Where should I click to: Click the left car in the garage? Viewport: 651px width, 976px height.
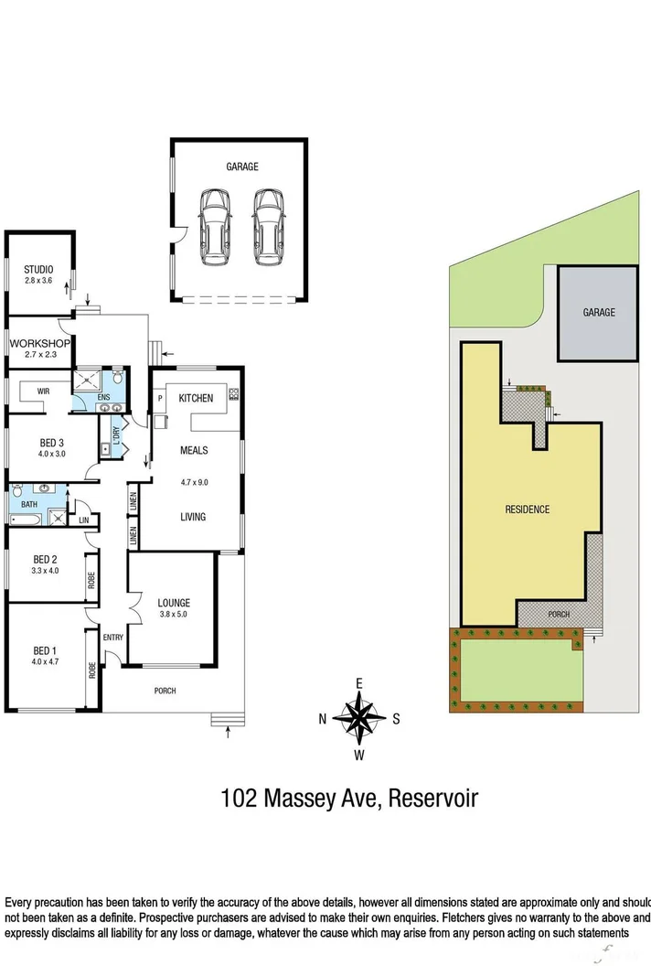pos(215,227)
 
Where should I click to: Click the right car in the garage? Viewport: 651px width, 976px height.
pos(269,227)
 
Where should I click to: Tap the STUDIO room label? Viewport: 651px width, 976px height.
pos(38,269)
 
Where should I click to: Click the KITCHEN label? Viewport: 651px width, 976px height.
pos(196,398)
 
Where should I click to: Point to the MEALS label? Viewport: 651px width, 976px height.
pos(193,450)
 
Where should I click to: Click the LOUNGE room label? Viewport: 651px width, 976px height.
pos(174,603)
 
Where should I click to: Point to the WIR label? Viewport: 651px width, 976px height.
pos(43,391)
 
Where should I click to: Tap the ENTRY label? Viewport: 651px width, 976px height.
pos(113,638)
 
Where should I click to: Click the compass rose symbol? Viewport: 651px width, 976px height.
pos(359,718)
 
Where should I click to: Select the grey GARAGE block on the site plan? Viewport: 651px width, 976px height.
pos(599,313)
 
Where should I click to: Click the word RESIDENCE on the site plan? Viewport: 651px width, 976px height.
pos(528,509)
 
